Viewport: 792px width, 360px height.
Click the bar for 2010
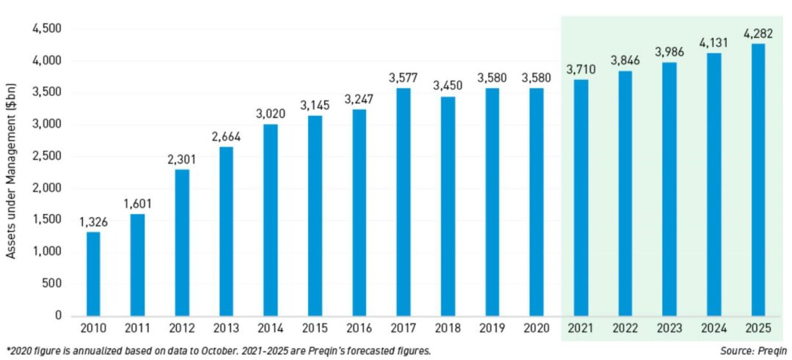pyautogui.click(x=93, y=273)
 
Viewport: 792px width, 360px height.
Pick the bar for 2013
pyautogui.click(x=226, y=231)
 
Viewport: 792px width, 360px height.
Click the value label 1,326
pyautogui.click(x=93, y=221)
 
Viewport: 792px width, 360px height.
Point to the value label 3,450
pyautogui.click(x=447, y=86)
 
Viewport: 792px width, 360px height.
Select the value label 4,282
pyautogui.click(x=758, y=33)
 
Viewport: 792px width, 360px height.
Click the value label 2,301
pyautogui.click(x=182, y=159)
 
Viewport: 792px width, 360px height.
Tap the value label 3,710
pyautogui.click(x=580, y=69)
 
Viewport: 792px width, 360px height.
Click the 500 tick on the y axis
pyautogui.click(x=51, y=284)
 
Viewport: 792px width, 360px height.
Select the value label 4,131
pyautogui.click(x=714, y=43)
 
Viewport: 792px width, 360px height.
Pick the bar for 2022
pyautogui.click(x=625, y=194)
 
